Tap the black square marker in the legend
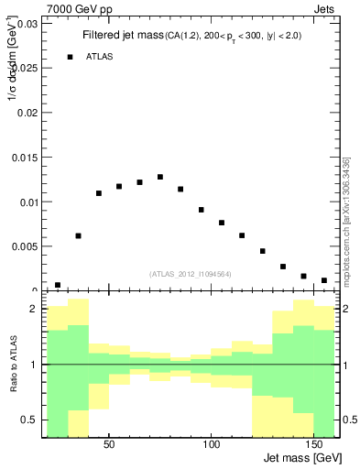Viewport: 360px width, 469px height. [x=70, y=57]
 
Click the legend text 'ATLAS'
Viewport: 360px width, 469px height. [x=100, y=57]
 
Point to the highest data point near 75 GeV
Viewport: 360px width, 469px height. [x=160, y=177]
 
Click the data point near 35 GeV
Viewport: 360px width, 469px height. [x=79, y=235]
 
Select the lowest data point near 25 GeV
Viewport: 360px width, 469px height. [x=58, y=285]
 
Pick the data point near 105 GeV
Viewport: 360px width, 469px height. [x=222, y=223]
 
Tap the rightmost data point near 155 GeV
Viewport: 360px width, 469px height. [x=324, y=280]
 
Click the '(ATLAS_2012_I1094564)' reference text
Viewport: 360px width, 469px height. [x=191, y=274]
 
